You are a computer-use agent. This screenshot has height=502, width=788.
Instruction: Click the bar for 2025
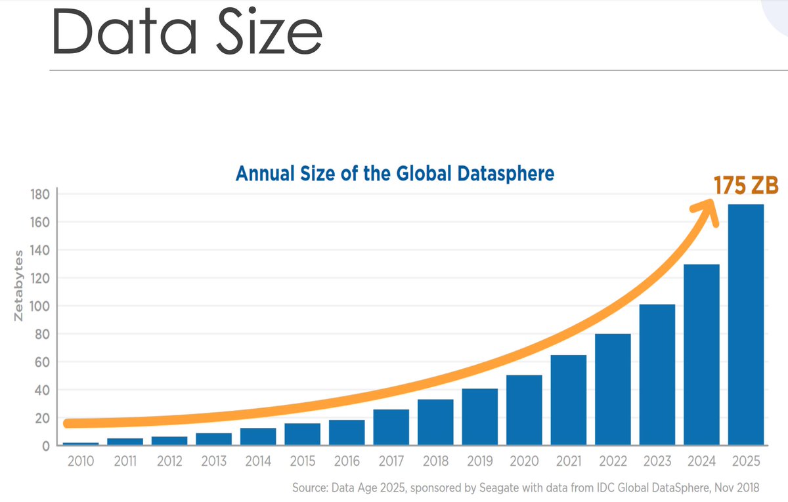pos(745,325)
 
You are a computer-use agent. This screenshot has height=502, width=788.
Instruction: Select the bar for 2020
pos(523,410)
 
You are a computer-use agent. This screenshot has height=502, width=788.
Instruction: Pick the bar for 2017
pos(391,428)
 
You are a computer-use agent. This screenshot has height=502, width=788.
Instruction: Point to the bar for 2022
pos(613,390)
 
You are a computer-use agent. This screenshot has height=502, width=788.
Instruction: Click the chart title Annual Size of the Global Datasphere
pos(395,174)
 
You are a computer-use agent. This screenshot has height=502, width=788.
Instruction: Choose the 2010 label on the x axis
pos(81,461)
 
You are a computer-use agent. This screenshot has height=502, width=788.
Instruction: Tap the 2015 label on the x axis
pos(303,461)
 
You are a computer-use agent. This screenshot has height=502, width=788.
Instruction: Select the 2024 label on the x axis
pos(701,461)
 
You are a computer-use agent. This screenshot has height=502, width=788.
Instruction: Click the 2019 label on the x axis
pos(479,461)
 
